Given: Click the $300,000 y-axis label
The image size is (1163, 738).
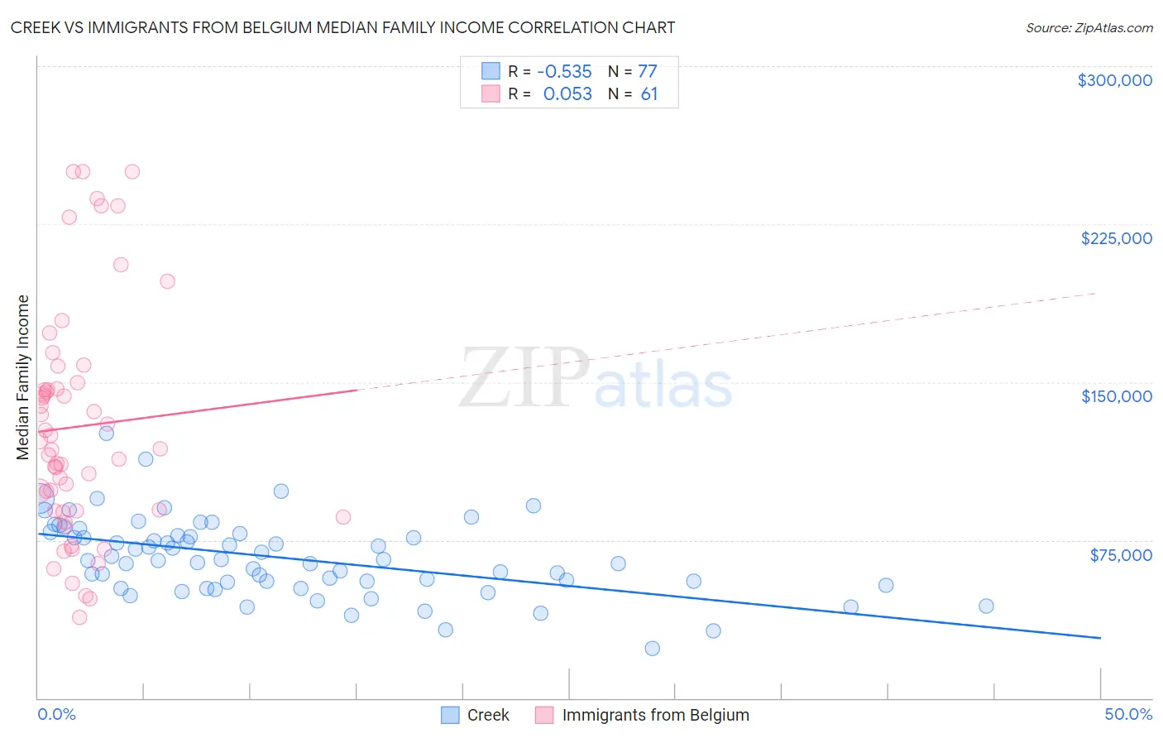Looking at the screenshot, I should [1114, 80].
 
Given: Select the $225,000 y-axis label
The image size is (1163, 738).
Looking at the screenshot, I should [1116, 238].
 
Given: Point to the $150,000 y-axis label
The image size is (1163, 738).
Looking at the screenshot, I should [1116, 396].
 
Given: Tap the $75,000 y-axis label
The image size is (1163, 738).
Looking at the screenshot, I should [1121, 555].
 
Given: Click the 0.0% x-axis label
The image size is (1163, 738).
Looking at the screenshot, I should [56, 715].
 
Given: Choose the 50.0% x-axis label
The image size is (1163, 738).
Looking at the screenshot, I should [1127, 715].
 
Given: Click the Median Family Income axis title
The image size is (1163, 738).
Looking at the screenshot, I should [23, 377].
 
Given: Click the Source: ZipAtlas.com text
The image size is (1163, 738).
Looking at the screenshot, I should [1089, 27].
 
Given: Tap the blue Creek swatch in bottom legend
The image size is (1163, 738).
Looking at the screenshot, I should [450, 715].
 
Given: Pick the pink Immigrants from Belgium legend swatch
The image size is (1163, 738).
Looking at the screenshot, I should [544, 715].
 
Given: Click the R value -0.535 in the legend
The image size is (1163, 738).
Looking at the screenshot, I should [564, 72].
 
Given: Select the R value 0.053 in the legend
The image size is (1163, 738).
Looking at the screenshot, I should [567, 94].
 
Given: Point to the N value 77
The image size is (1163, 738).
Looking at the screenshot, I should [647, 72].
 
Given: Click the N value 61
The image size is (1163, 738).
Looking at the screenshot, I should [649, 94].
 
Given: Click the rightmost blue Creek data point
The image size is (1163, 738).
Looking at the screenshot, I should [986, 606].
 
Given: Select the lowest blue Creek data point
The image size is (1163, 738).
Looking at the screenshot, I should [652, 649].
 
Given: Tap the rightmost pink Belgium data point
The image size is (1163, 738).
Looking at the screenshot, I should [343, 517].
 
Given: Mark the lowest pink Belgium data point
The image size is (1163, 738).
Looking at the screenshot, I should [79, 617].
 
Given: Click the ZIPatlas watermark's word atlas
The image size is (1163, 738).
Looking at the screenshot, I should [663, 386].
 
